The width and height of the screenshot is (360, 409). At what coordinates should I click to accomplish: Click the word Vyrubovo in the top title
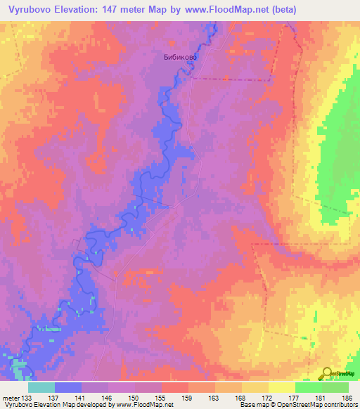coord(32,9)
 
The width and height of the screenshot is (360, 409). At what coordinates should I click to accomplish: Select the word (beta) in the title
coord(281,9)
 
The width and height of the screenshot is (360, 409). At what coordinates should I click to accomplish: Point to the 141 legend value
coord(81,397)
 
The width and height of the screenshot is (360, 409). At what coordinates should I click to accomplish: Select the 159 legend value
coord(188,397)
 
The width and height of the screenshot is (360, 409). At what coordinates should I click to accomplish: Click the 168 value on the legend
coord(241,397)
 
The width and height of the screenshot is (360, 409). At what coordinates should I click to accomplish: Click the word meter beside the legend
coord(12,397)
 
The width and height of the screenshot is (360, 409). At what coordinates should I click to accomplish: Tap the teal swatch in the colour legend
coord(41,387)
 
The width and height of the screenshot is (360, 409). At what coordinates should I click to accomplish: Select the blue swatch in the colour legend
coord(68,387)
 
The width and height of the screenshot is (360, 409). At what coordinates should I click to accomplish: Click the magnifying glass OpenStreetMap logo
coord(328,373)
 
